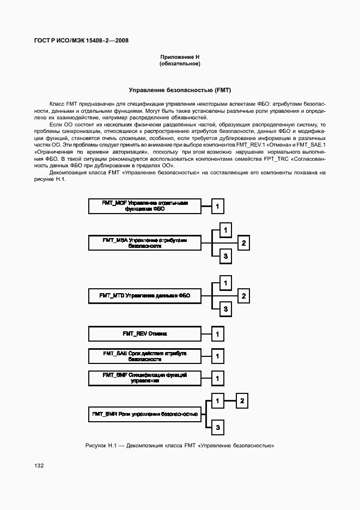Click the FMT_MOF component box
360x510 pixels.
pyautogui.click(x=144, y=206)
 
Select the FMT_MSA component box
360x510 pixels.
pyautogui.click(x=144, y=243)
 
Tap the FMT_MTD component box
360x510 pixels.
pyautogui.click(x=144, y=296)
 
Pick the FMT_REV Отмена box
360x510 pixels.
pyautogui.click(x=144, y=333)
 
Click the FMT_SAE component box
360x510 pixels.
pyautogui.click(x=144, y=356)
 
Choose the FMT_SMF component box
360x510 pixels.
pyautogui.click(x=144, y=378)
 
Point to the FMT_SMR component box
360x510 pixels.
pyautogui.click(x=144, y=415)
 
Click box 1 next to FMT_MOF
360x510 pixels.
pyautogui.click(x=217, y=207)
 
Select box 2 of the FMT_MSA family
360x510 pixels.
pyautogui.click(x=244, y=243)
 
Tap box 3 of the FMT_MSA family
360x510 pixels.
pyautogui.click(x=225, y=256)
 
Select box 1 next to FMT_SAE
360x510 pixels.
pyautogui.click(x=217, y=356)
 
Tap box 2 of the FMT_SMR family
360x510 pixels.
pyautogui.click(x=243, y=402)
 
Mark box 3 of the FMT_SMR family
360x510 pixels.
pyautogui.click(x=217, y=427)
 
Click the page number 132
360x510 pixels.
pyautogui.click(x=39, y=466)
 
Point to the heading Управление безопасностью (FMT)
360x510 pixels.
pyautogui.click(x=180, y=90)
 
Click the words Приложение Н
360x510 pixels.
pyautogui.click(x=180, y=57)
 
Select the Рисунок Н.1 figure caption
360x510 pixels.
pyautogui.click(x=180, y=446)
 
